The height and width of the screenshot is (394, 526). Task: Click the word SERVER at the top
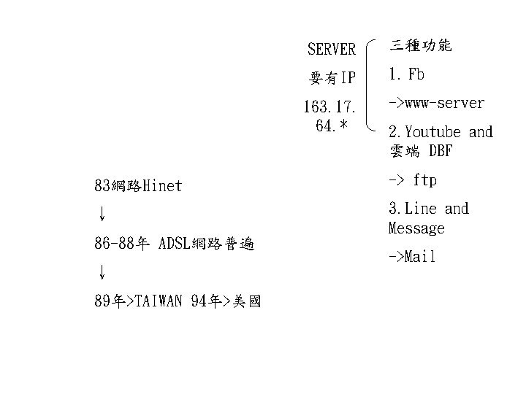click(331, 50)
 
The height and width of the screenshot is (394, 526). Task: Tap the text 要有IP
click(331, 77)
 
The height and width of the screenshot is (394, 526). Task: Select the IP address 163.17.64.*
click(330, 116)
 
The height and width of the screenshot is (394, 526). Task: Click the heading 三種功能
click(420, 45)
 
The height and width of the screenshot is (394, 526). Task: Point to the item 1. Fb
click(407, 74)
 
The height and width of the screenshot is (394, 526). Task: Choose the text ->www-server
click(436, 103)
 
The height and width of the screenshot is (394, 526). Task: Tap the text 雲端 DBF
click(420, 152)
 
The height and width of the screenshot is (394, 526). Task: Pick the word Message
click(416, 228)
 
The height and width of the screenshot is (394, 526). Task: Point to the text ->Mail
click(412, 257)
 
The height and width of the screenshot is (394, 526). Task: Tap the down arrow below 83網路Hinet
click(102, 214)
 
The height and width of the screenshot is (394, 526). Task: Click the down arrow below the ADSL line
click(102, 272)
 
